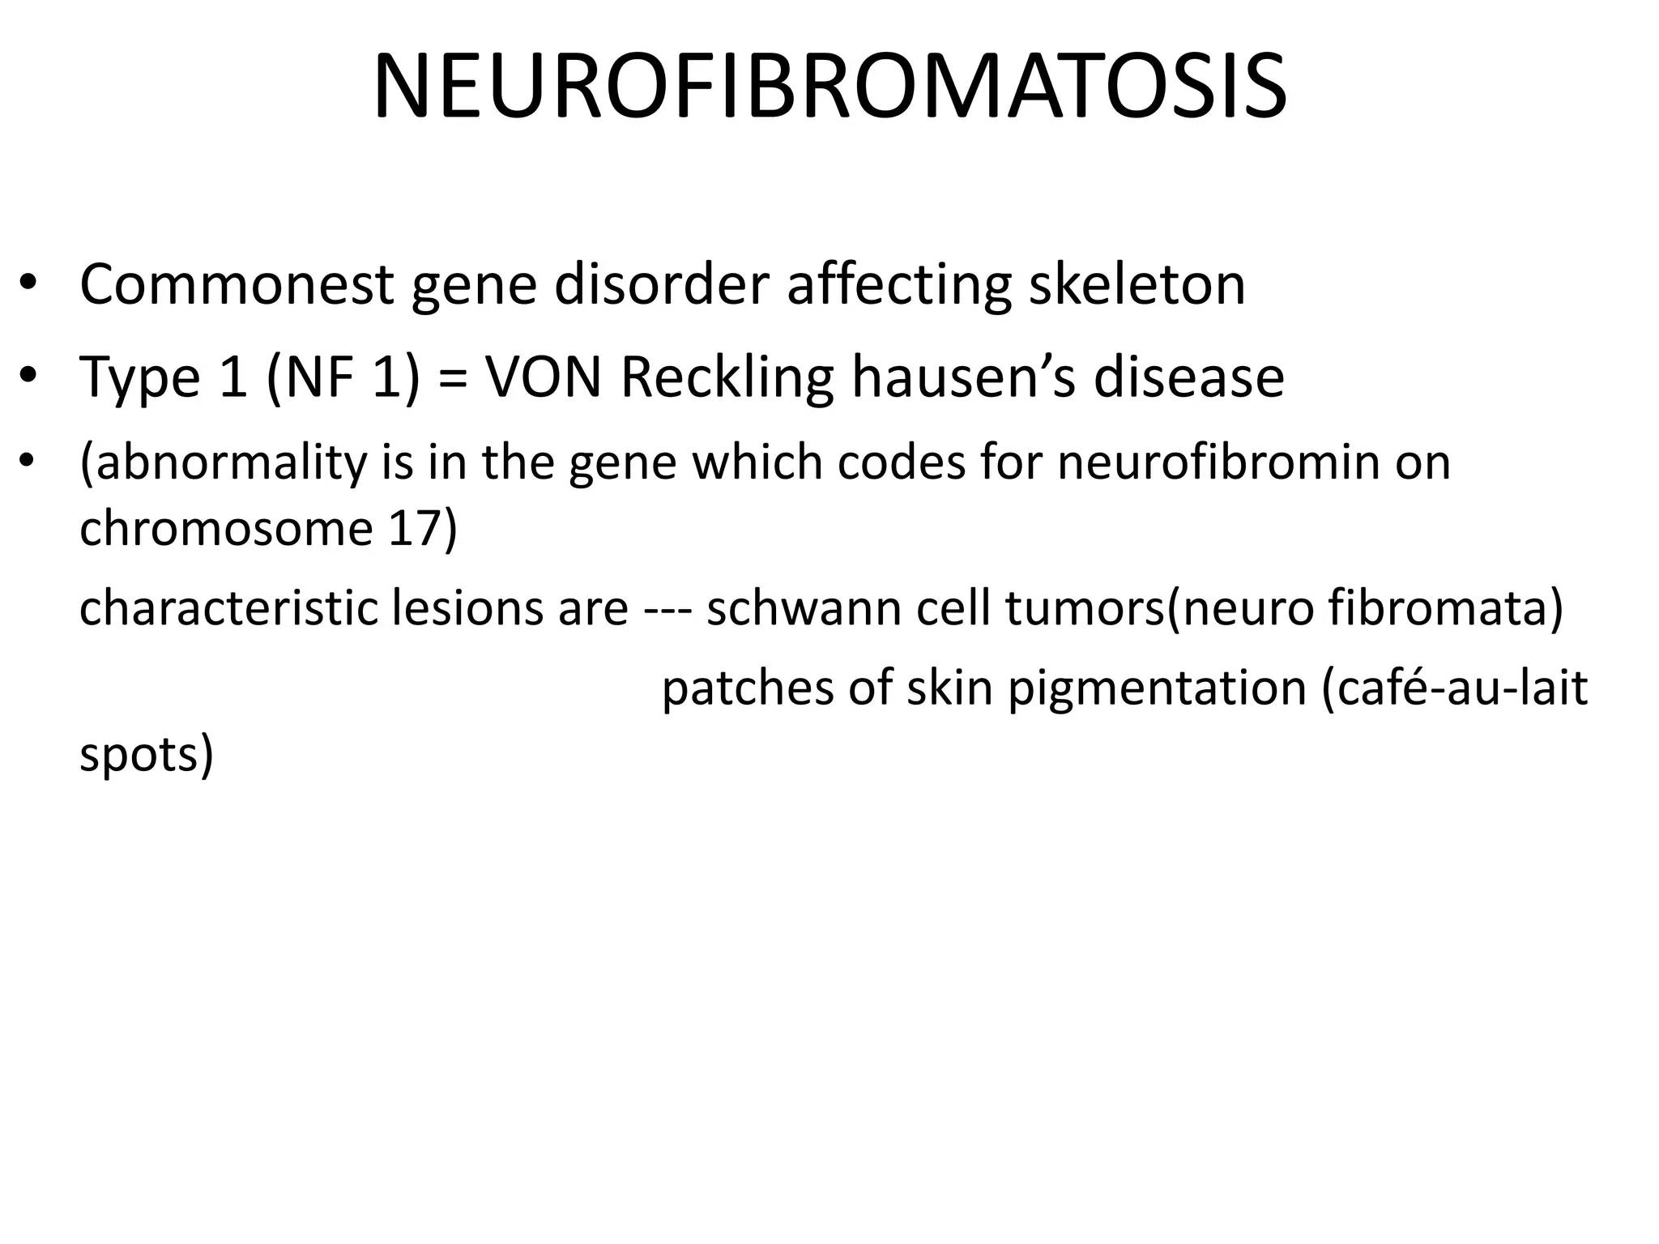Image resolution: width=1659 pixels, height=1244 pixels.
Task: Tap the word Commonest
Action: click(237, 285)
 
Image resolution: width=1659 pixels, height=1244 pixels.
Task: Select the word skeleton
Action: click(1137, 285)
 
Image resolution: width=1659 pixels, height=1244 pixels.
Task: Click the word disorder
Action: click(660, 285)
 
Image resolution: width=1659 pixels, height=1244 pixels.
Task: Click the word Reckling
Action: click(727, 379)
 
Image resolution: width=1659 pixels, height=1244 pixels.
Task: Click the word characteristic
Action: click(228, 608)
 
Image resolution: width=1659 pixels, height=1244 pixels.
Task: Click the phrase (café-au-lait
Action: click(1454, 688)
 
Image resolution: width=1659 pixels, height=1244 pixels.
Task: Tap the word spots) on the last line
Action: click(146, 756)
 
